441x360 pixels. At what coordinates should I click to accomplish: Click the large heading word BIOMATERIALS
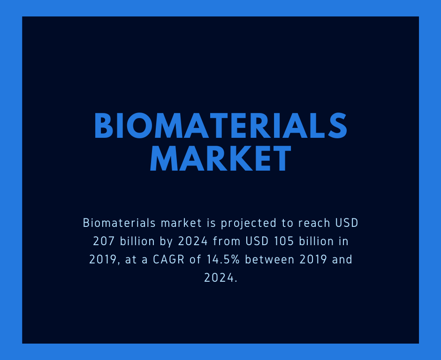click(x=220, y=126)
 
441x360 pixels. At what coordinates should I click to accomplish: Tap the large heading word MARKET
click(x=220, y=158)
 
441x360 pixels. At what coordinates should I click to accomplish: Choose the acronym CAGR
click(x=169, y=259)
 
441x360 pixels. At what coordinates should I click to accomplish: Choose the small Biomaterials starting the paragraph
click(x=119, y=223)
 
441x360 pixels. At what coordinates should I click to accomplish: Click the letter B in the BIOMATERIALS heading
click(x=104, y=126)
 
